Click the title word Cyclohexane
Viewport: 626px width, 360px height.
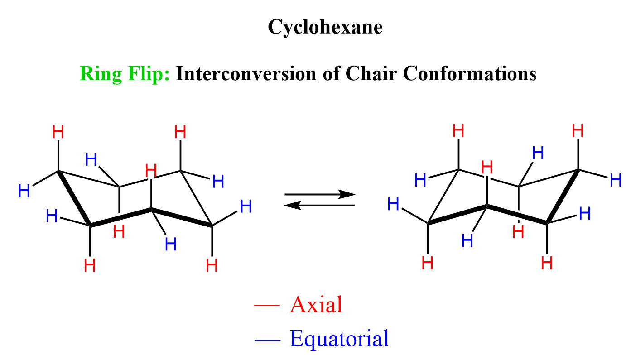point(325,28)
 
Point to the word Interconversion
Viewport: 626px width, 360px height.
point(245,73)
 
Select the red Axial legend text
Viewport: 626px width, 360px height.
point(316,305)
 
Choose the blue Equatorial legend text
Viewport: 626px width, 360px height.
point(339,338)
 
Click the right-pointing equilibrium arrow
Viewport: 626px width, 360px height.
point(319,195)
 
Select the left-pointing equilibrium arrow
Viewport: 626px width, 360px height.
point(319,206)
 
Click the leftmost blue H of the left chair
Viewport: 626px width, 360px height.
point(24,192)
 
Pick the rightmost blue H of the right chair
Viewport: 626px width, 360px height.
point(616,181)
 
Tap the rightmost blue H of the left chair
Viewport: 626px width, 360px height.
point(246,207)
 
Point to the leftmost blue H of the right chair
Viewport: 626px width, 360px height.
point(394,205)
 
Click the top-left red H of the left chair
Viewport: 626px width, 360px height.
point(58,133)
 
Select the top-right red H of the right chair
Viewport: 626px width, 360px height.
point(578,131)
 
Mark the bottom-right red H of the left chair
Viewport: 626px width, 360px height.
point(212,265)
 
